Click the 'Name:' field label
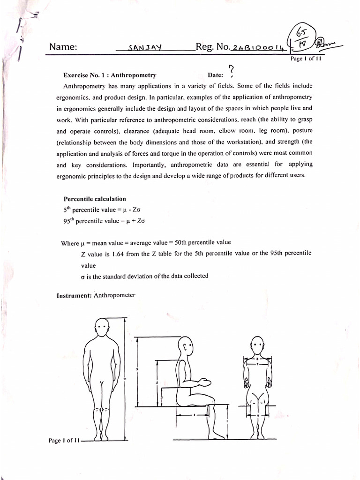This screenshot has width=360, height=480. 63,47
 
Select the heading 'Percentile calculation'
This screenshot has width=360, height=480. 95,199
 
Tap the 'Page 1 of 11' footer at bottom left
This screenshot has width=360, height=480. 65,440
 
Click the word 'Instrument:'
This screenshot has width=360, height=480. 75,295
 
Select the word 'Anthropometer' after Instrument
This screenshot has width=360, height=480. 114,295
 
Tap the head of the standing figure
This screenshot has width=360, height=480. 102,327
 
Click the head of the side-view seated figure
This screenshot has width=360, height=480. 186,346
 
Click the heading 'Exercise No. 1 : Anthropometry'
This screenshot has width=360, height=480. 110,75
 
